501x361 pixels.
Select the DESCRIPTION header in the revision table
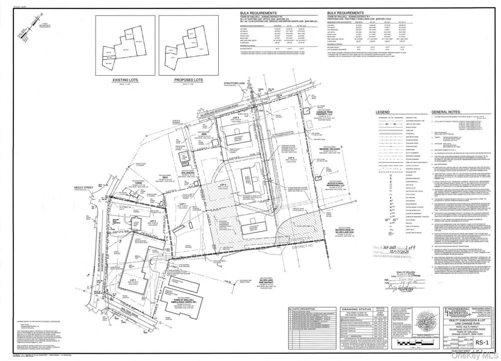[x=307, y=309]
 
